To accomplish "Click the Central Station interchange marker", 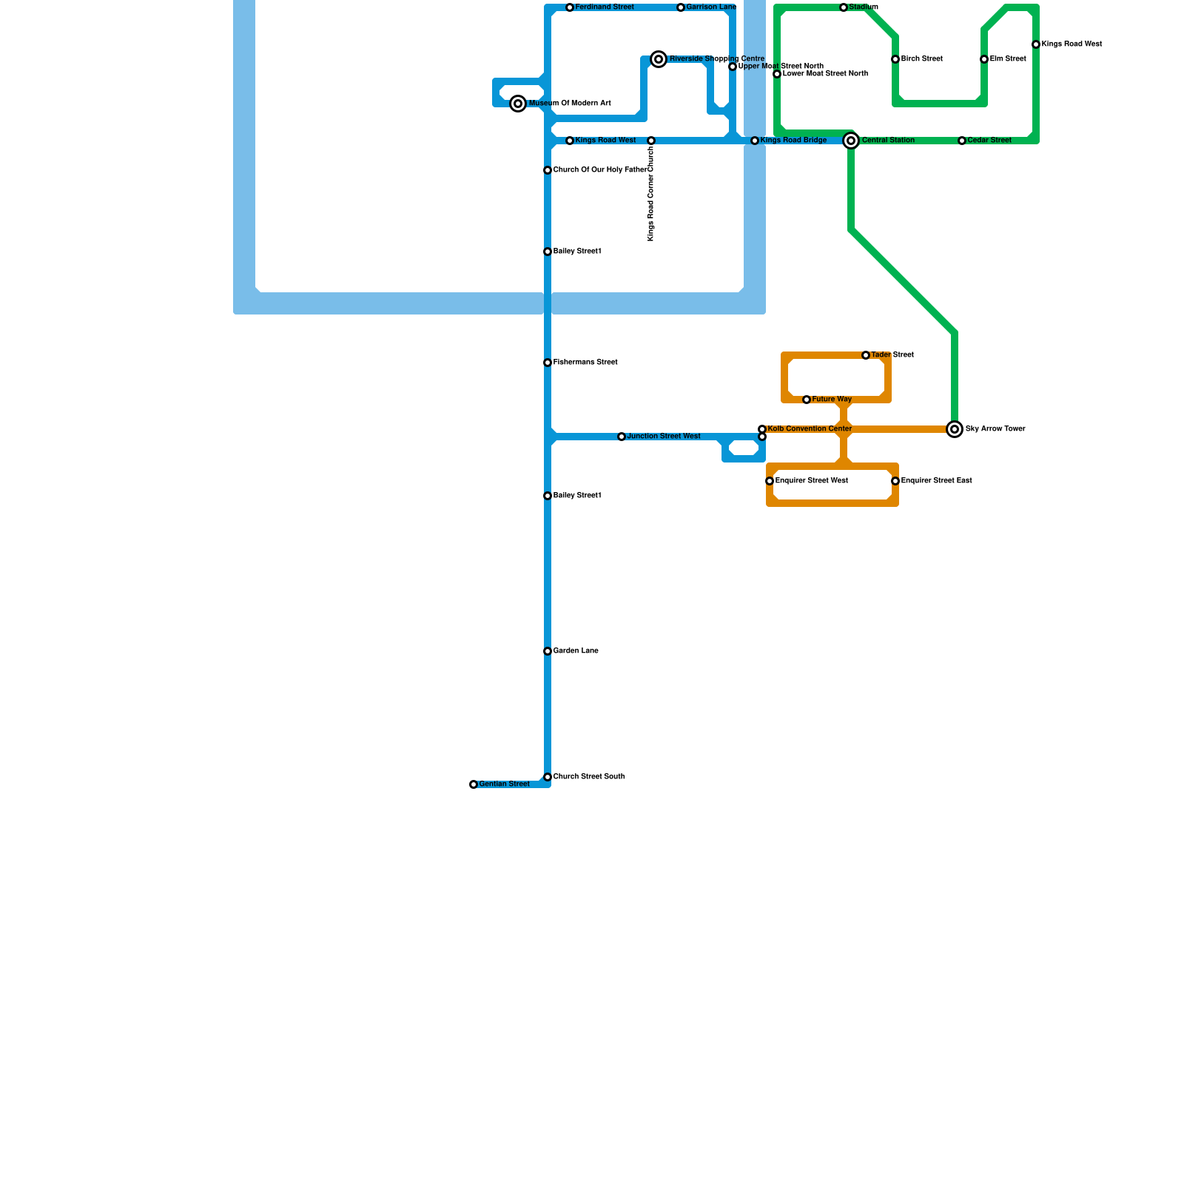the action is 851,141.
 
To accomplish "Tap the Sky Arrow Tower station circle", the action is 955,429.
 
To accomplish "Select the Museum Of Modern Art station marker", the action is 519,104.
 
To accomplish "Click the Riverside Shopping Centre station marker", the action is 659,59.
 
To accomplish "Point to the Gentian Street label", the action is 504,784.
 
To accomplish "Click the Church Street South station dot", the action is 548,777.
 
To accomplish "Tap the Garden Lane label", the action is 576,651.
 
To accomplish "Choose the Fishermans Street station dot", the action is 548,363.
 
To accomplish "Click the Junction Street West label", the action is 663,437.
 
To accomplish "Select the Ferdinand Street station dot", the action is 570,7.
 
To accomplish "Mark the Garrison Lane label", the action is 711,7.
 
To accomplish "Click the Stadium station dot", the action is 844,7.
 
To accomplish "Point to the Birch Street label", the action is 921,59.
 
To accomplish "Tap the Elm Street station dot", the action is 984,59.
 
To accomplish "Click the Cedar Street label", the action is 989,141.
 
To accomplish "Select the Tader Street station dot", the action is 866,355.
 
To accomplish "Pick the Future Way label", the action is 832,400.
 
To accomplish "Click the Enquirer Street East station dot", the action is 895,481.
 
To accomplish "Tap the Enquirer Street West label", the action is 811,481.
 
